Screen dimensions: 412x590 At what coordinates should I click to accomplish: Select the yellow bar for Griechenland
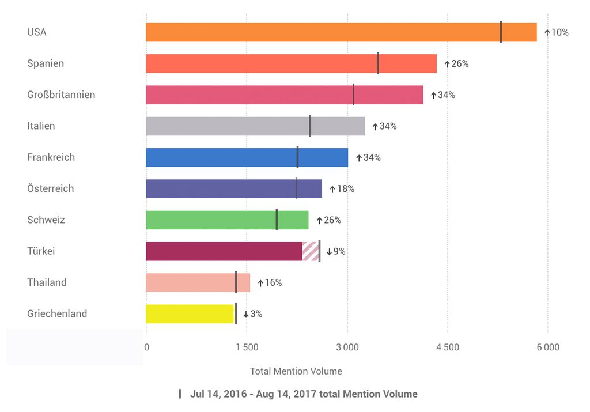[x=190, y=314]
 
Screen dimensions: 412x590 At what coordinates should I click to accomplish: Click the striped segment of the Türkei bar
[x=311, y=251]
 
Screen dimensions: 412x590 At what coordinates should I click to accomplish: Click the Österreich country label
[x=51, y=188]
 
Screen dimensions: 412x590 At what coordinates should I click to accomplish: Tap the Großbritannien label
[x=61, y=95]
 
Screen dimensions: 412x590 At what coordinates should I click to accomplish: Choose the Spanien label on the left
[x=46, y=63]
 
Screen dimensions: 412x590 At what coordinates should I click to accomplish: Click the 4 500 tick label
[x=448, y=347]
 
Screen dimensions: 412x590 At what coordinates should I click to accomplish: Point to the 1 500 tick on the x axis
[x=247, y=347]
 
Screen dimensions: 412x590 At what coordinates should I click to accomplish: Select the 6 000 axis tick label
[x=548, y=347]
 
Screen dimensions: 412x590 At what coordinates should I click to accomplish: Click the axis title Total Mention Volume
[x=296, y=371]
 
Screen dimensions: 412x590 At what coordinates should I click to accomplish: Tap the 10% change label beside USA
[x=557, y=32]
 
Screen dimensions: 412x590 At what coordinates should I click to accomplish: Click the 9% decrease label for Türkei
[x=336, y=251]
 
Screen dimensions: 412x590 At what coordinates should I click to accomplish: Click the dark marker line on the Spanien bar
[x=378, y=63]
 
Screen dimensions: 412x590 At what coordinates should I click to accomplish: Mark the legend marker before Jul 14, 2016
[x=180, y=394]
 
